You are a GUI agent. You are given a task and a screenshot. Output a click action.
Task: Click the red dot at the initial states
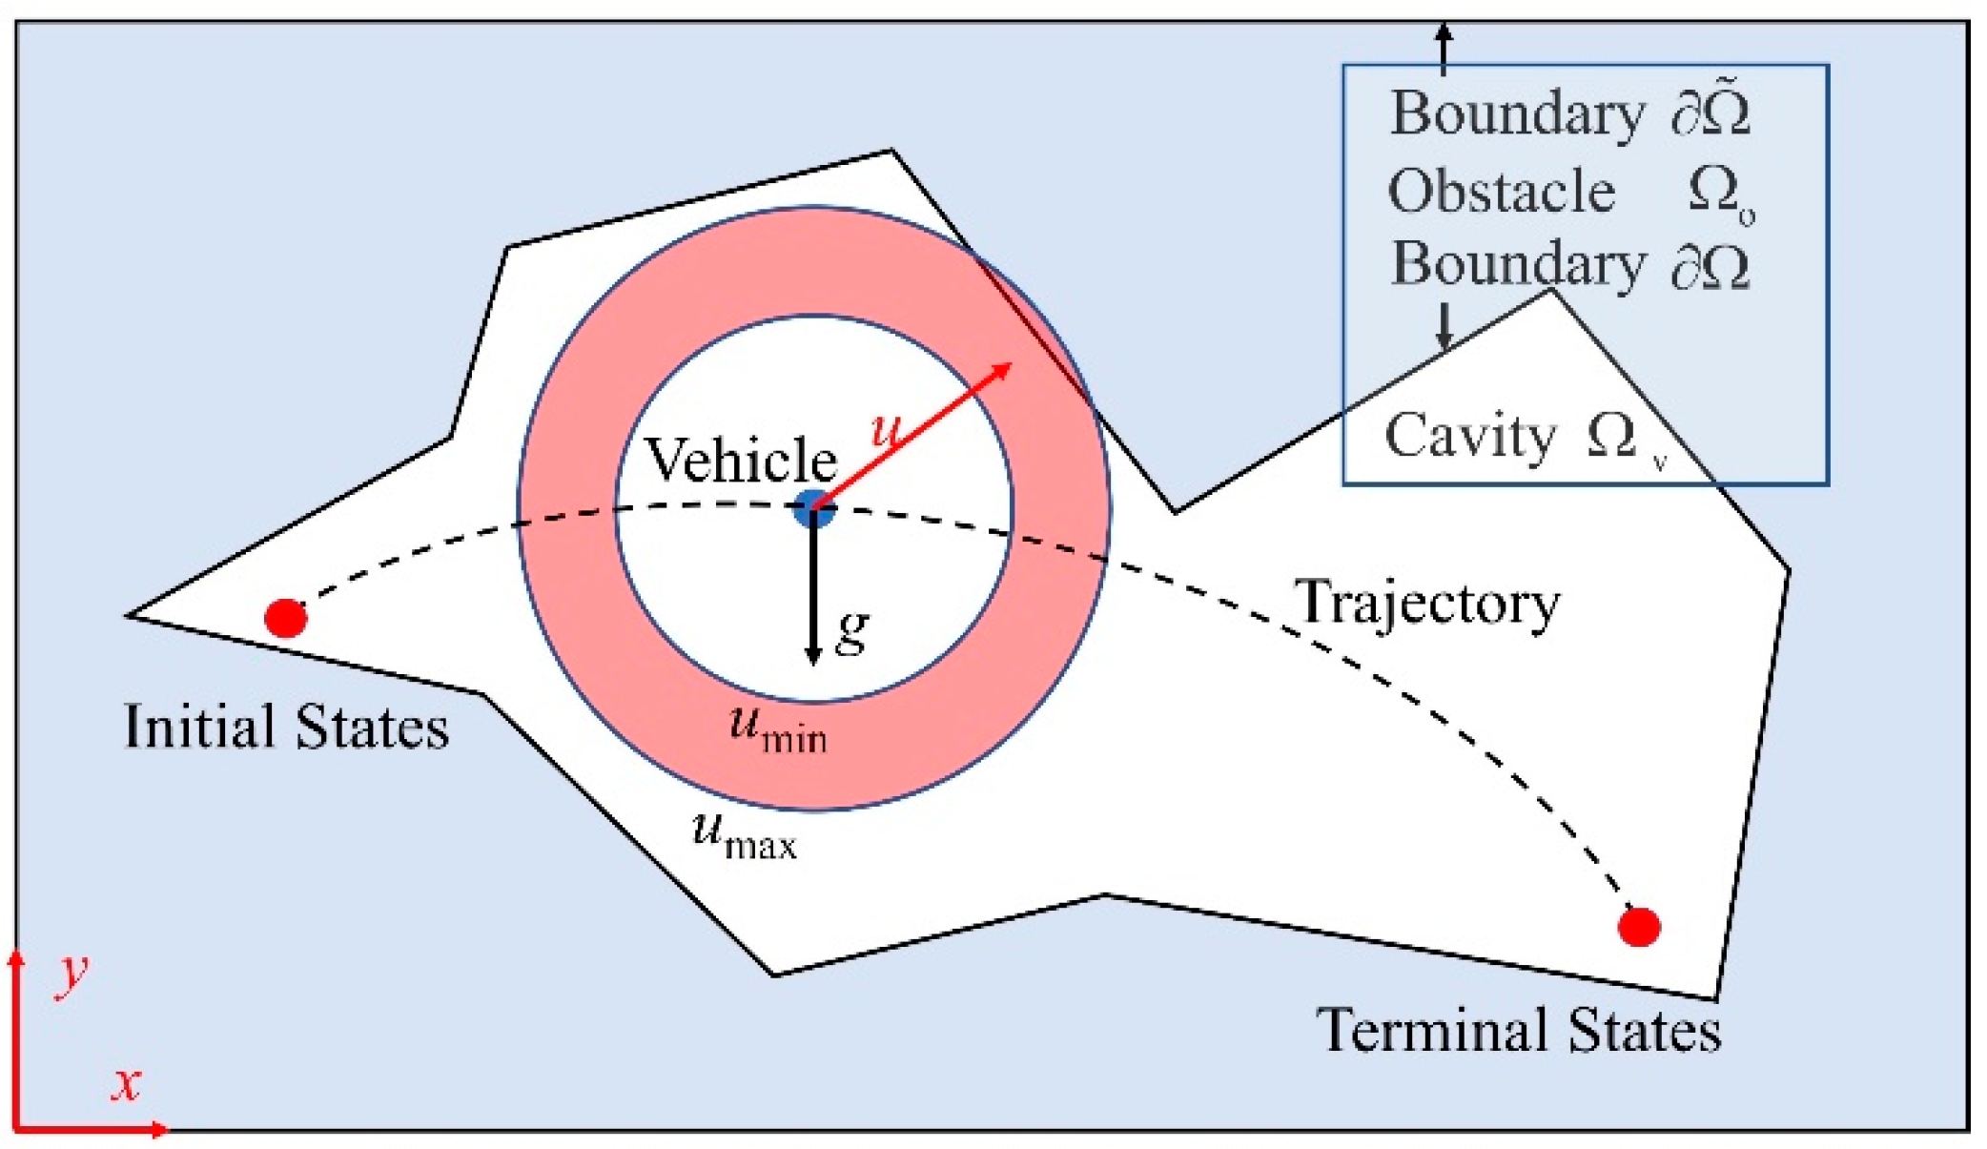(x=285, y=618)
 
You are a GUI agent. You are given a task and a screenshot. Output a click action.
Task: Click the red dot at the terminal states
(x=1639, y=926)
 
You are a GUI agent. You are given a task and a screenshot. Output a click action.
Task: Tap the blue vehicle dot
(x=813, y=509)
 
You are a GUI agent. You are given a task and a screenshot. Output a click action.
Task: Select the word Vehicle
(x=740, y=460)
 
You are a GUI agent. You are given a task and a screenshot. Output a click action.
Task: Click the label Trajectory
(x=1426, y=603)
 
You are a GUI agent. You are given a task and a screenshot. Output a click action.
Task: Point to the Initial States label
(x=286, y=727)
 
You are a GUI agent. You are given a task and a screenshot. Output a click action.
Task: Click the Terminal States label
(x=1519, y=1031)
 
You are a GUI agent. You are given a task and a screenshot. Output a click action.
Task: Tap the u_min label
(x=777, y=728)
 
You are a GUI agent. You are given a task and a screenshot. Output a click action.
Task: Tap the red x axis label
(x=126, y=1084)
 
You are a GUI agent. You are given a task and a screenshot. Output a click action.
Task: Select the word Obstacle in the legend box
(x=1501, y=192)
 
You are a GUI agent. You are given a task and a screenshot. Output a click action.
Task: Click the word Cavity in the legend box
(x=1469, y=437)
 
